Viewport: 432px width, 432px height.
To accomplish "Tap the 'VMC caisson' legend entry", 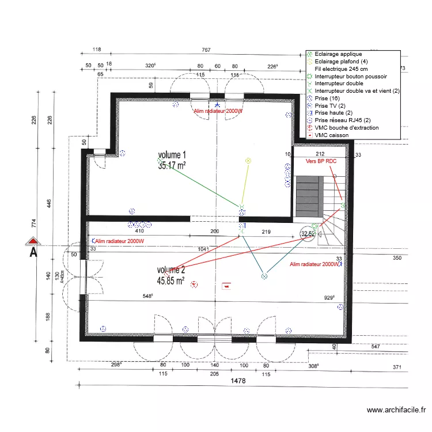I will [x=331, y=135].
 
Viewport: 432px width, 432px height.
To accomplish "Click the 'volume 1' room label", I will [x=172, y=155].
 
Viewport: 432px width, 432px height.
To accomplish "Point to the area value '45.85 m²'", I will [x=170, y=281].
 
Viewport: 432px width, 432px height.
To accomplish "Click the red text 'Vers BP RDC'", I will [x=321, y=162].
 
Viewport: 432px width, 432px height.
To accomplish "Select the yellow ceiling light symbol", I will [x=248, y=161].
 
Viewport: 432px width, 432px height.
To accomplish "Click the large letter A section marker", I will [x=34, y=252].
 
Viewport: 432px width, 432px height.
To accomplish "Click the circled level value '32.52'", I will [x=307, y=234].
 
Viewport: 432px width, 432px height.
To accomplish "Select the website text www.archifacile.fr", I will [x=396, y=410].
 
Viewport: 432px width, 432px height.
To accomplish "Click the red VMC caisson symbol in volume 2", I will [x=226, y=285].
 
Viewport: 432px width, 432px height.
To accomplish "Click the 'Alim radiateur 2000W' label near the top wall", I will [x=218, y=111].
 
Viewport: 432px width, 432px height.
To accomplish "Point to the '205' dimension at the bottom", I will [x=214, y=374].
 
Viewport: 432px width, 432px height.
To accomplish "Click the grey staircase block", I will [x=308, y=196].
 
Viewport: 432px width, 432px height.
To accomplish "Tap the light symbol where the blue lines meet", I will [x=264, y=276].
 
